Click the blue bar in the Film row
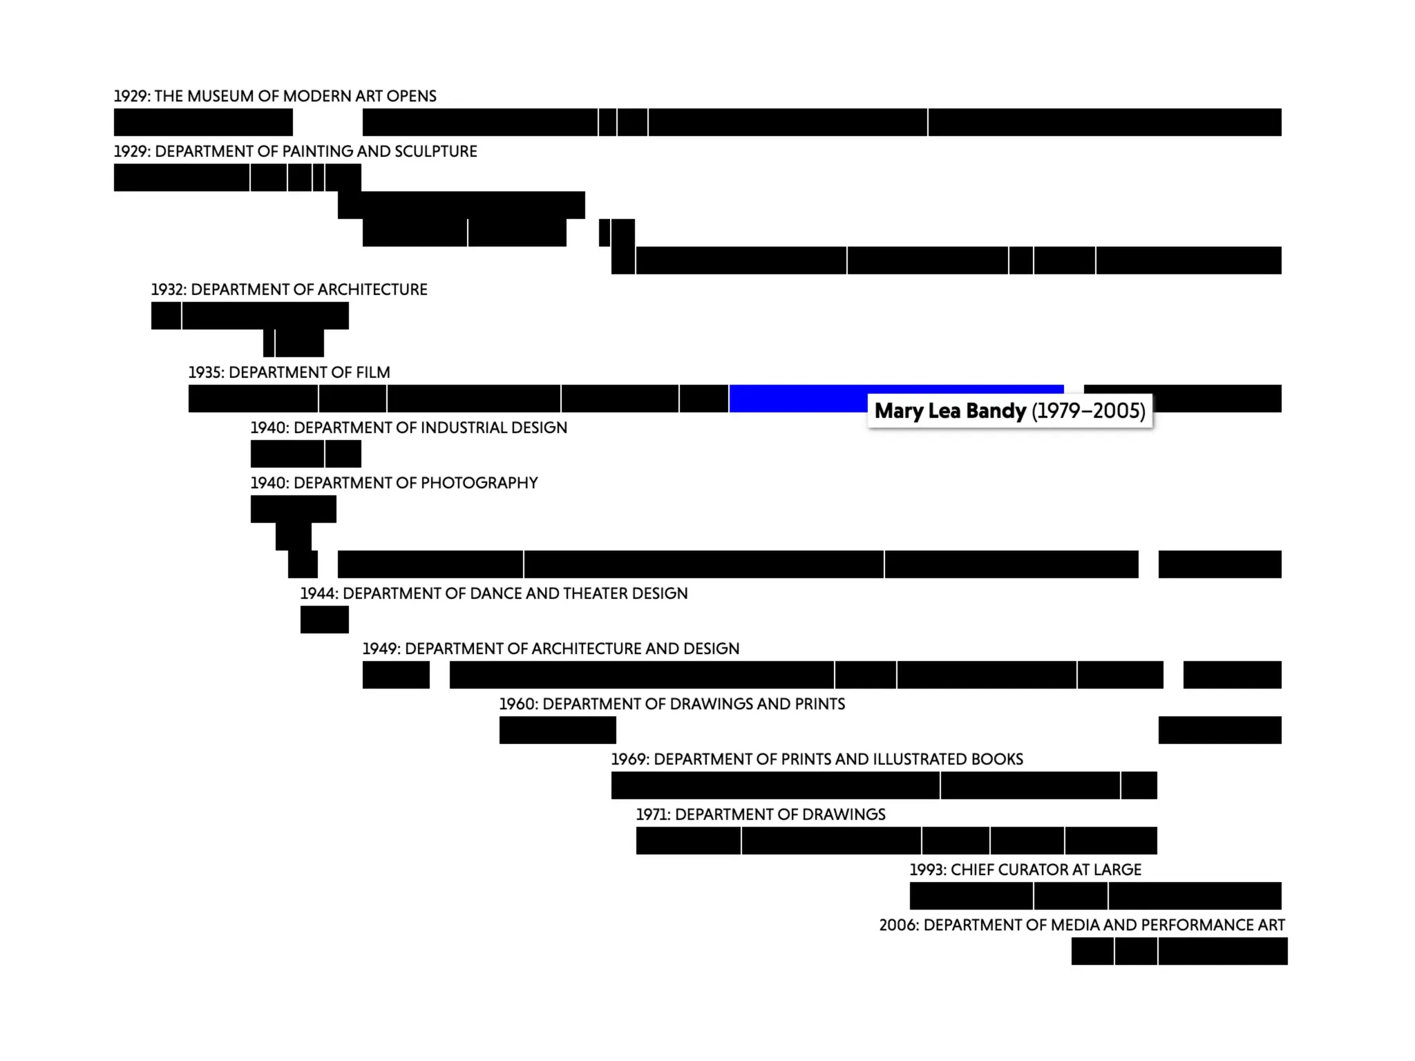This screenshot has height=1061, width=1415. tap(795, 399)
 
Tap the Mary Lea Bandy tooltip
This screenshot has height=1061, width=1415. tap(1009, 411)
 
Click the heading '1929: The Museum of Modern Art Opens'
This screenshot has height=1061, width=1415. tap(275, 96)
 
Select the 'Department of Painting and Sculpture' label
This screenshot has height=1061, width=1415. tap(295, 151)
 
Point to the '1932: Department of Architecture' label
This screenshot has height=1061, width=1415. tap(289, 289)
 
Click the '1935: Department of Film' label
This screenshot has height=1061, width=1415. tap(289, 372)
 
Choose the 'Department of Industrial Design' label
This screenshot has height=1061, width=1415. tap(408, 428)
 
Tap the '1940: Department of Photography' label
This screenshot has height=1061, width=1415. tap(394, 483)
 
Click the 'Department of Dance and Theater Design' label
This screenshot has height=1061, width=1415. tap(493, 593)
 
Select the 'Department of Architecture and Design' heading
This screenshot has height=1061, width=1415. tap(551, 649)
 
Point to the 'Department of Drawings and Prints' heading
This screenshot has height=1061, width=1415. tap(672, 704)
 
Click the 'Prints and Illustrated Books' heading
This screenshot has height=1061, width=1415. tap(817, 759)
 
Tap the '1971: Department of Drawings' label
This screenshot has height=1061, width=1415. tap(760, 814)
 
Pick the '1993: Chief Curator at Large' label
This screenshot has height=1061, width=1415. tap(1025, 870)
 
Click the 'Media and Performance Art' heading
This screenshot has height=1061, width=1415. tap(1081, 925)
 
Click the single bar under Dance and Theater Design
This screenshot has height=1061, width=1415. tap(324, 620)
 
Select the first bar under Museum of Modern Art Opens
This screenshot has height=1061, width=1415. tap(203, 122)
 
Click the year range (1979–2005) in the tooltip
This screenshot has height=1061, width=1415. tap(1088, 411)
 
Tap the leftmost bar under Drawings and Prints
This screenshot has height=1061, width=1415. tap(557, 730)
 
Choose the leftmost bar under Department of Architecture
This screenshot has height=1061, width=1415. tap(166, 316)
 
